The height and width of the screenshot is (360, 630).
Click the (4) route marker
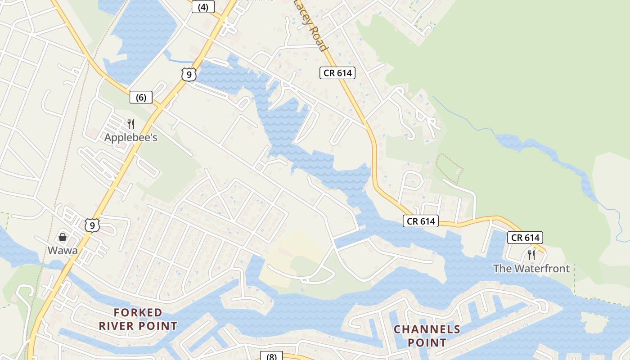pyautogui.click(x=203, y=7)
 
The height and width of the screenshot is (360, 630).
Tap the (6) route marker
pyautogui.click(x=141, y=97)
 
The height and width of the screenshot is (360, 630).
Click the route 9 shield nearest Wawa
pyautogui.click(x=92, y=225)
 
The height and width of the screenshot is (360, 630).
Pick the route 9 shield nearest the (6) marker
pyautogui.click(x=189, y=74)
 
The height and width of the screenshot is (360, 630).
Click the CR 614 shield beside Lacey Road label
pyautogui.click(x=337, y=73)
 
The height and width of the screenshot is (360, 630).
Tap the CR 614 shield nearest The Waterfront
pyautogui.click(x=525, y=238)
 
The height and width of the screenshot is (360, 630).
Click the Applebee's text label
pyautogui.click(x=131, y=137)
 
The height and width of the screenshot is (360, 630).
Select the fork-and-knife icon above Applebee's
pyautogui.click(x=131, y=124)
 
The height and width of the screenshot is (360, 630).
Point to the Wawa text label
pyautogui.click(x=63, y=251)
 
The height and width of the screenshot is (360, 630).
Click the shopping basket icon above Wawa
pyautogui.click(x=63, y=237)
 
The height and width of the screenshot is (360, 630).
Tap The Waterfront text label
pyautogui.click(x=531, y=269)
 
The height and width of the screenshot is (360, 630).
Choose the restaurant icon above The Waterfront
pyautogui.click(x=531, y=255)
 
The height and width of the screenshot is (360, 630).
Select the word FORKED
pyautogui.click(x=138, y=312)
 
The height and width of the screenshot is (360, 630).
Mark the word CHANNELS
pyautogui.click(x=427, y=329)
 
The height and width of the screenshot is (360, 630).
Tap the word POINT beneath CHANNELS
pyautogui.click(x=427, y=342)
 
